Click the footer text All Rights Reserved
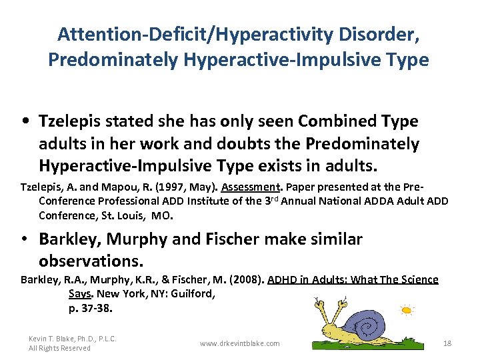pos(59,348)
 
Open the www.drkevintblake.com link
pos(240,343)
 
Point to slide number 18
pos(447,343)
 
